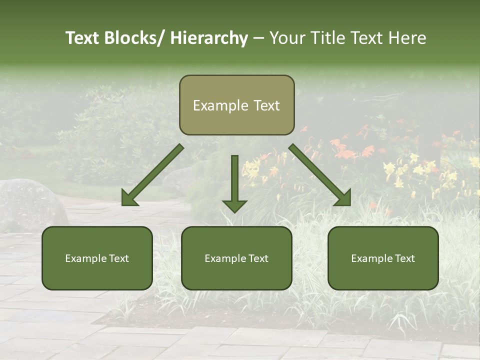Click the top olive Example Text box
(236, 105)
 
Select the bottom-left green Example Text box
(97, 258)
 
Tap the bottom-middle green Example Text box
(236, 258)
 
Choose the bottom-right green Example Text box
(383, 258)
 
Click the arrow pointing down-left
(152, 175)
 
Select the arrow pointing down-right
(320, 175)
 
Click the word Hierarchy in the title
(209, 38)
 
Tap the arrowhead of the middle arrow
(234, 205)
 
